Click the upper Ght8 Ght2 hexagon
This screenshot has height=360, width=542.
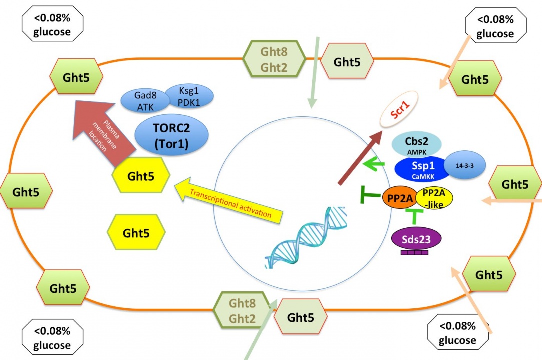(x=274, y=58)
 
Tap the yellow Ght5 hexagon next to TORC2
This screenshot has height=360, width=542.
(x=141, y=176)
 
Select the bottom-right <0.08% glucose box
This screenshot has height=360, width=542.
(x=457, y=333)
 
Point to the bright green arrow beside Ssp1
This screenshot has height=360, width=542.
(x=372, y=164)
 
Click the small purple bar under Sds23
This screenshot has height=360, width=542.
(x=415, y=253)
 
